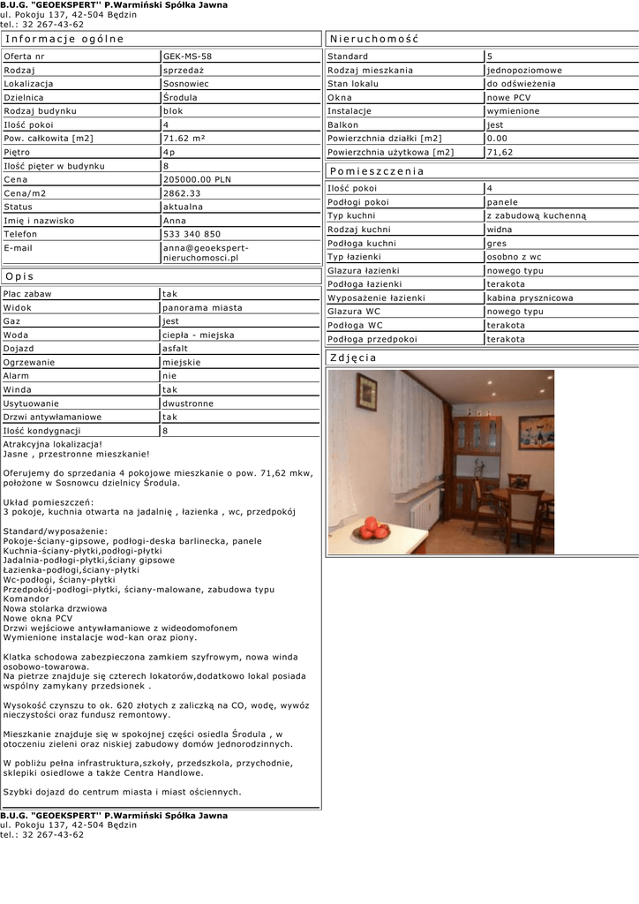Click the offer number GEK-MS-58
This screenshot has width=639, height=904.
coord(187,56)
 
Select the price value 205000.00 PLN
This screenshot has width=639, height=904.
coord(197,179)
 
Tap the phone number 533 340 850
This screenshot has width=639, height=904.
coord(192,234)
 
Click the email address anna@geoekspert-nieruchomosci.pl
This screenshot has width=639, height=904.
coord(206,252)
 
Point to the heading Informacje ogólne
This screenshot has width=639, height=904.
coord(64,39)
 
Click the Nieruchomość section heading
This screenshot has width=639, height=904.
coord(373,39)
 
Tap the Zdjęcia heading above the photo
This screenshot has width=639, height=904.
coord(352,358)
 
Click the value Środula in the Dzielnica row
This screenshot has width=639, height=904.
coord(180,97)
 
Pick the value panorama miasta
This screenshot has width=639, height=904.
coord(202,307)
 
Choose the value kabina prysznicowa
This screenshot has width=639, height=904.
coord(530,298)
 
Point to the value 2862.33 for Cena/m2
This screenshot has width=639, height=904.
coord(182,192)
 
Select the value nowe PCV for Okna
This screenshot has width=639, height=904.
coord(508,97)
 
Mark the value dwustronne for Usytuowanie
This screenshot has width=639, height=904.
coord(188,403)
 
